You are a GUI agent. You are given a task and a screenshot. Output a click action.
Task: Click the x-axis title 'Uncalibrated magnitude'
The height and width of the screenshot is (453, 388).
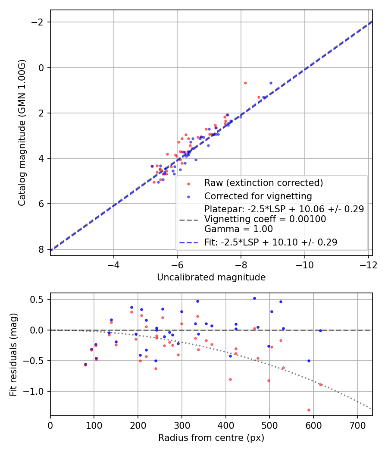(211, 277)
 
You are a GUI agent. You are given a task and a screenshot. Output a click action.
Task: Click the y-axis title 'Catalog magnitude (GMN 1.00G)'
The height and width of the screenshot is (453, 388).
(22, 133)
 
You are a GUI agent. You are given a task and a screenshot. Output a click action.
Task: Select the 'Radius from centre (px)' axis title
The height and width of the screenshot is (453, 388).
(211, 438)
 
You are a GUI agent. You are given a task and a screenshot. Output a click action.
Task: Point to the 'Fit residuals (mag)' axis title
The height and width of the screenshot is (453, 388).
(13, 354)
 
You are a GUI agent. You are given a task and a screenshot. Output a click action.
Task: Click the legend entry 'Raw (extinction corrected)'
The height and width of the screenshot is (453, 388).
(263, 183)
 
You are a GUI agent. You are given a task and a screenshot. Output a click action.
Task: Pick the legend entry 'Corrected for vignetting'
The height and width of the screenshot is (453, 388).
(258, 196)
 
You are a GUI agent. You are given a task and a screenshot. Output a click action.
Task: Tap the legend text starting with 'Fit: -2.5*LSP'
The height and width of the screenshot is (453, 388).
(271, 242)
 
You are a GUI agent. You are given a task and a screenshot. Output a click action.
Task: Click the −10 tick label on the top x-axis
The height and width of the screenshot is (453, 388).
(304, 264)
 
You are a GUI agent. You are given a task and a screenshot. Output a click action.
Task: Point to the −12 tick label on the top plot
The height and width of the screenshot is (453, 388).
(368, 264)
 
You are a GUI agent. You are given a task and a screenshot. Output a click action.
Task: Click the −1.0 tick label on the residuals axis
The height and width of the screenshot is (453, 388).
(36, 391)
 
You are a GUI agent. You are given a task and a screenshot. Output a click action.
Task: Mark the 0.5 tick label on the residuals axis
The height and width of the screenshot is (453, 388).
(39, 299)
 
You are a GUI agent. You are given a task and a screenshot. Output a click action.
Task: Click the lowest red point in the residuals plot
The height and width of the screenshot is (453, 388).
(309, 410)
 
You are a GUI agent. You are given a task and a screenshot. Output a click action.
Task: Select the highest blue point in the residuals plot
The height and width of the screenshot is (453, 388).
(254, 298)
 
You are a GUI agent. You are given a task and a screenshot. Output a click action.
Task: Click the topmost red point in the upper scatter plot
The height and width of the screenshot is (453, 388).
(245, 83)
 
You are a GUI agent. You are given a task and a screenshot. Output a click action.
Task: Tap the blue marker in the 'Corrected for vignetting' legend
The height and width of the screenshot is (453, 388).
(188, 197)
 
